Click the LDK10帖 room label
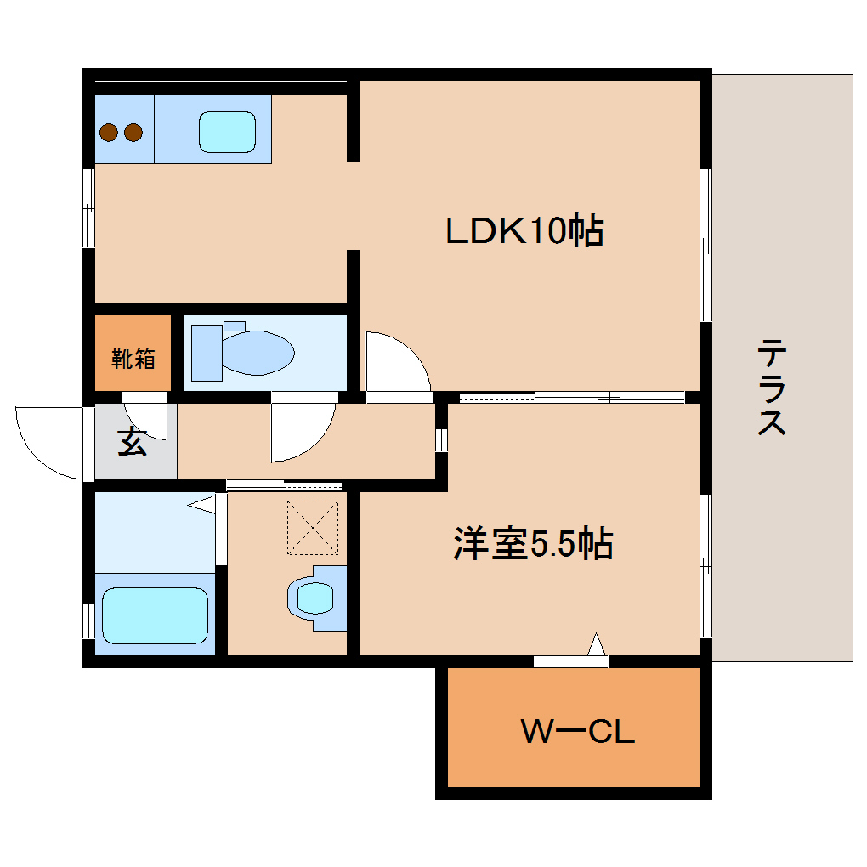(524, 230)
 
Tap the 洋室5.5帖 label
(532, 544)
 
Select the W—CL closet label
(578, 731)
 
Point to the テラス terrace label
(772, 387)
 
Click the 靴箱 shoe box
(133, 358)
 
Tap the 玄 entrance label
(132, 443)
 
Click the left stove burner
(109, 133)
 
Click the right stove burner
(133, 133)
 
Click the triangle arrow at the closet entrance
(598, 646)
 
